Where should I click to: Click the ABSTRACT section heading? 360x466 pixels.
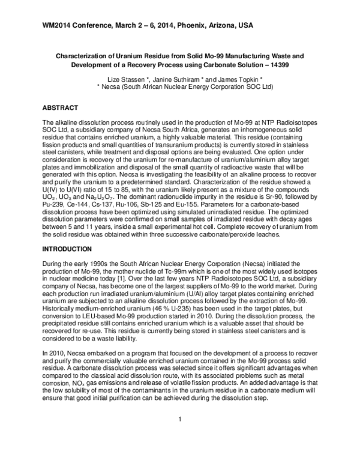pos(60,107)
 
